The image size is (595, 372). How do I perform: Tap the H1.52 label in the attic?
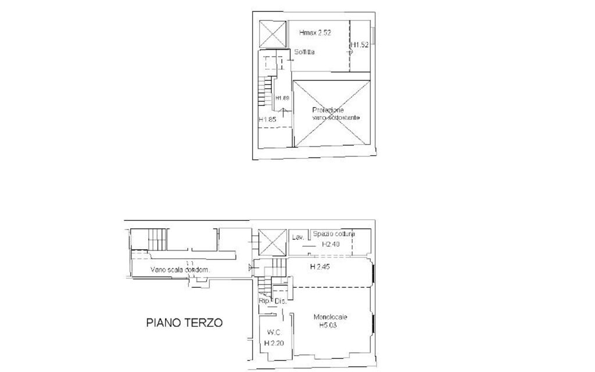pos(360,45)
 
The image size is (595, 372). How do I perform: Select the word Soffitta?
pos(304,53)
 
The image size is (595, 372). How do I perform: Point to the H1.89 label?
pos(282,98)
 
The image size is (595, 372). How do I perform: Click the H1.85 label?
pos(267,120)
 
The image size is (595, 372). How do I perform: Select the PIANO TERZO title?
pos(184,323)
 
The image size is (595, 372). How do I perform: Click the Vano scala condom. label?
pos(180,270)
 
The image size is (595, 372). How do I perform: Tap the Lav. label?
pos(299,237)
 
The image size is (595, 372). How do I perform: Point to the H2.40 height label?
pos(331,245)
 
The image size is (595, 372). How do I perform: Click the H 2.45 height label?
pos(320,267)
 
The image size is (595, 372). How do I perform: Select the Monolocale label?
pos(330,317)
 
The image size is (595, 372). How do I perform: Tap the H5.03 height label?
pos(328,325)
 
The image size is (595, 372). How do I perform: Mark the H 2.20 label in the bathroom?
pos(273,344)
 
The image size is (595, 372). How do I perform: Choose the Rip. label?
pos(264,301)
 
